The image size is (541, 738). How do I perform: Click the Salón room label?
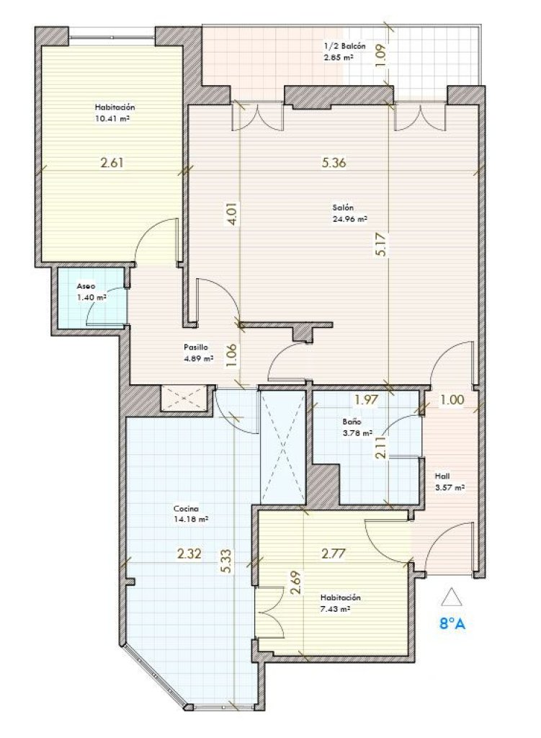(343, 208)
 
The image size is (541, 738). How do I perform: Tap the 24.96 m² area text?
(350, 219)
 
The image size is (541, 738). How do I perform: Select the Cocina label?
(186, 509)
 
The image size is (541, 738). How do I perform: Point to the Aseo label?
(86, 286)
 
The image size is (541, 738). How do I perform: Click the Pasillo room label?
(196, 347)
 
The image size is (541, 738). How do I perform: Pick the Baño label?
(352, 422)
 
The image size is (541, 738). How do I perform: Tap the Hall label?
(442, 476)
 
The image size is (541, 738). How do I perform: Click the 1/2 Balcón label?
(344, 47)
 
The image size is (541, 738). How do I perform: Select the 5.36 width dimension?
(334, 163)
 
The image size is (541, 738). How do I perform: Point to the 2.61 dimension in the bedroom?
(112, 163)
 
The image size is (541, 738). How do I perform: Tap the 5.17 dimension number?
(381, 244)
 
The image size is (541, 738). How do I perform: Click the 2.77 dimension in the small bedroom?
(334, 553)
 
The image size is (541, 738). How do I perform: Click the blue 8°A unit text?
(452, 624)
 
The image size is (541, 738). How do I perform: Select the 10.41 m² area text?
(112, 119)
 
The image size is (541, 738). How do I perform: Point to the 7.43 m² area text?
(334, 609)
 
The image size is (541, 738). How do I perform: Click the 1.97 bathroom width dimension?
(366, 400)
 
